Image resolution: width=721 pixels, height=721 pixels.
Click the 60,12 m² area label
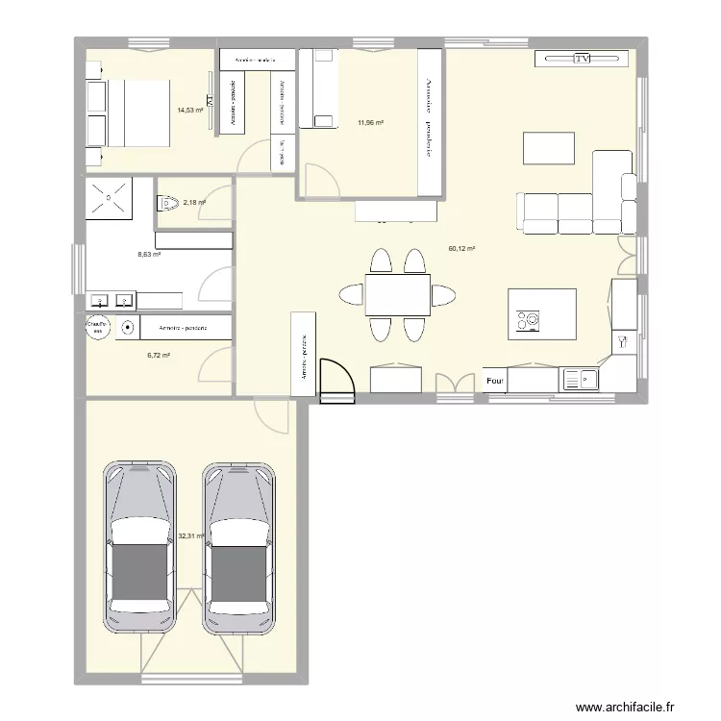pos(461,248)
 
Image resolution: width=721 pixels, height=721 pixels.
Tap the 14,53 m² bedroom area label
pos(190,111)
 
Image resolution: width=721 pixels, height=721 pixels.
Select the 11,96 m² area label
pos(370,123)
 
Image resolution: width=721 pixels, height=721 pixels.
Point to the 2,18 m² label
pos(194,203)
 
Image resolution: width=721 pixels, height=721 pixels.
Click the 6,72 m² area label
pos(159,356)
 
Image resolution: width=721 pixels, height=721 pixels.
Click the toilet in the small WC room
pos(167,202)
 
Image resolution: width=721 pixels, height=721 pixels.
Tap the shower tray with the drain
pos(109,199)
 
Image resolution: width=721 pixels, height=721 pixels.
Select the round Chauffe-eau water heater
pos(97,328)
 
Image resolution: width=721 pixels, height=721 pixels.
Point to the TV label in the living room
pos(581,59)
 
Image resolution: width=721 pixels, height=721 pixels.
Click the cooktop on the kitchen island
pos(529,320)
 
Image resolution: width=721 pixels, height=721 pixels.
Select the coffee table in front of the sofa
pos(548,148)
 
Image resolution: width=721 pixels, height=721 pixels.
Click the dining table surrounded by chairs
pos(397,294)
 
